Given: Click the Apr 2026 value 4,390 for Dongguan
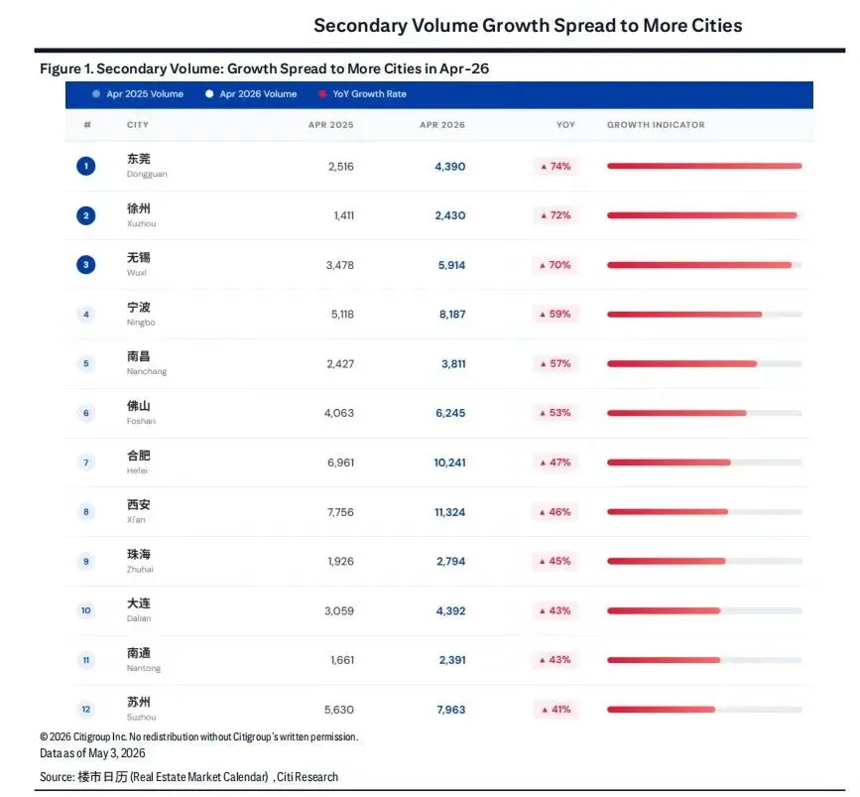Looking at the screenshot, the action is tap(449, 167).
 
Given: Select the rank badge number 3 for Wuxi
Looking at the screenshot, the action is tap(86, 265).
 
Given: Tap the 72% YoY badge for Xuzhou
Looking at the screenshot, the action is tap(555, 215).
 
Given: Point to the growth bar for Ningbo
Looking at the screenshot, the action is tap(684, 315).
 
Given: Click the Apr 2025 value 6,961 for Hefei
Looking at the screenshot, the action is tap(340, 463).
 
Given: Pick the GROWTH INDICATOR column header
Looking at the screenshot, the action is tap(656, 125).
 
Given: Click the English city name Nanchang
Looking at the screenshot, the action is tap(147, 371).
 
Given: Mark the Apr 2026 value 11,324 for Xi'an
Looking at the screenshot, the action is tap(449, 512).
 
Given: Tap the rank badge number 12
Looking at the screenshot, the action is tap(86, 710).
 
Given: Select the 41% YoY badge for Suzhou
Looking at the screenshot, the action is tap(555, 710).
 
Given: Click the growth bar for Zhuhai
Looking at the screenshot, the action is tap(666, 562).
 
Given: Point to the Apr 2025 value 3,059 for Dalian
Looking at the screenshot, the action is tap(339, 611).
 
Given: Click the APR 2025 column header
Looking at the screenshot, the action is tap(330, 125).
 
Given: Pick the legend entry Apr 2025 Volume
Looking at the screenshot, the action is tap(138, 94).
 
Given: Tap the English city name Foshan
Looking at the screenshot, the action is tap(141, 421).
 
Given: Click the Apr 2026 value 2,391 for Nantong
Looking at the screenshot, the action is tap(452, 660).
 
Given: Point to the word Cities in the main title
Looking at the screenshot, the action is tap(717, 26).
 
